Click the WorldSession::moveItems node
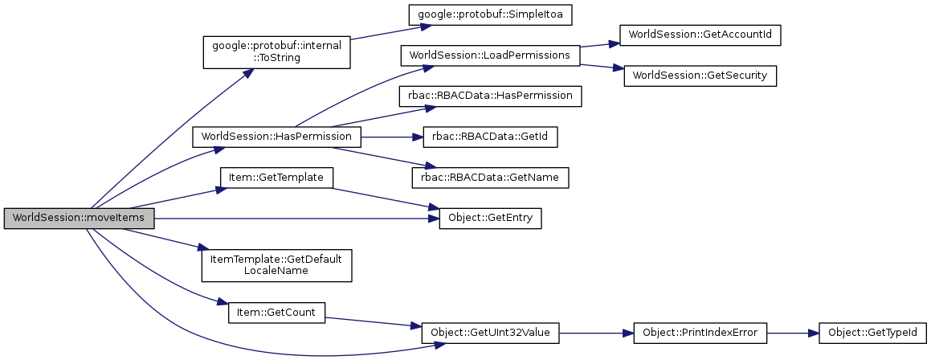pyautogui.click(x=79, y=219)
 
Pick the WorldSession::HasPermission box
pyautogui.click(x=276, y=137)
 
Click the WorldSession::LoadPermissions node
pyautogui.click(x=490, y=55)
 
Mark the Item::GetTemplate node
pyautogui.click(x=276, y=178)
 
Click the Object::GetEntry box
pyautogui.click(x=490, y=219)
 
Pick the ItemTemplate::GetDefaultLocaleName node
pyautogui.click(x=276, y=264)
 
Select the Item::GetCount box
pyautogui.click(x=276, y=312)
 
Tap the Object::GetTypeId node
pyautogui.click(x=872, y=332)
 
